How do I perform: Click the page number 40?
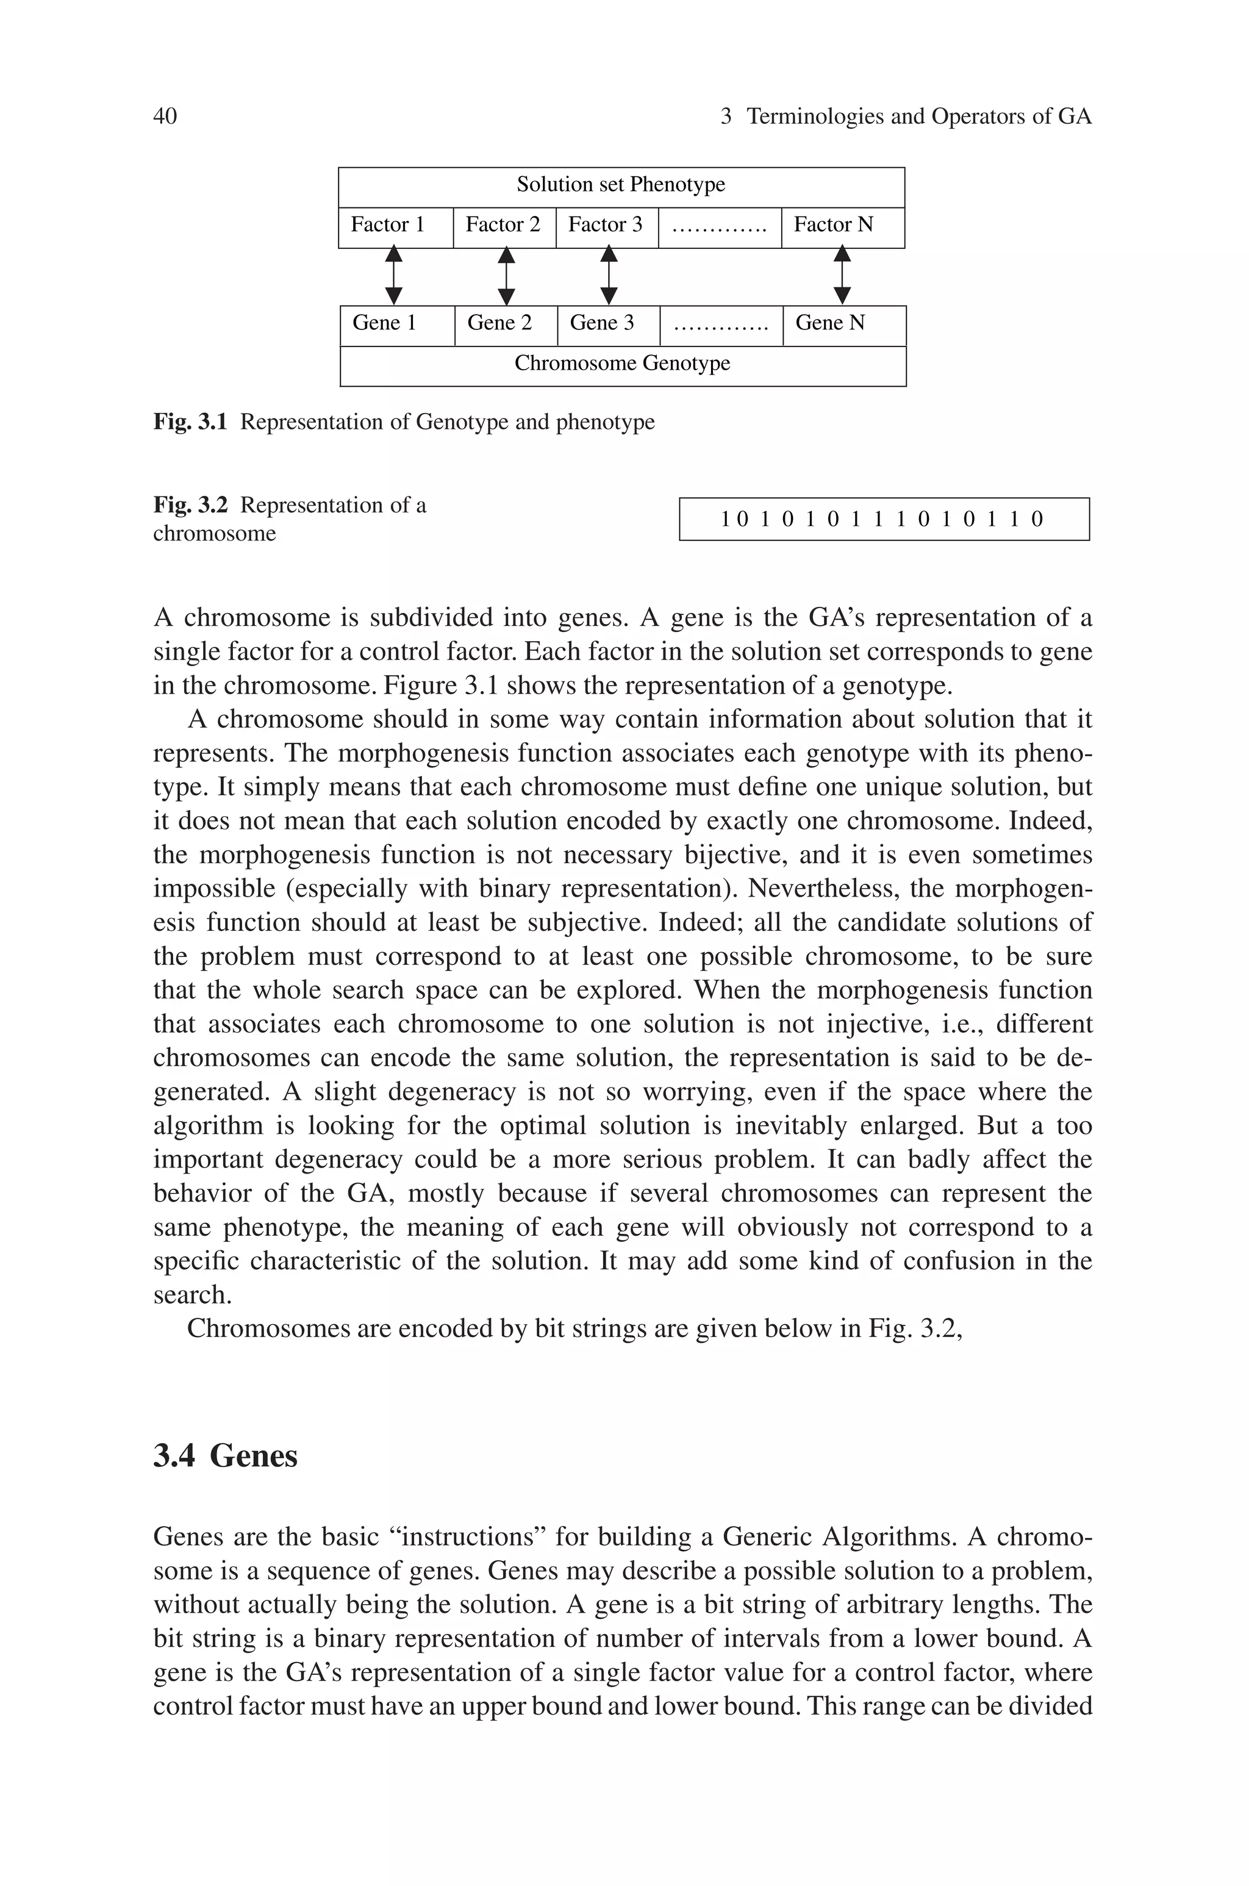click(x=165, y=117)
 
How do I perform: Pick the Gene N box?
click(x=843, y=324)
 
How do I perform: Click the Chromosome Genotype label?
click(x=622, y=364)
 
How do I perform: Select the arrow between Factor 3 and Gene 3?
click(x=609, y=276)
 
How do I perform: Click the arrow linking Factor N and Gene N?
click(x=842, y=276)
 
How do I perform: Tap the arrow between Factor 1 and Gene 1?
click(x=393, y=276)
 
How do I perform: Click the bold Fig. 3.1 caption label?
click(x=190, y=422)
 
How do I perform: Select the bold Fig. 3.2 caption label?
click(x=190, y=506)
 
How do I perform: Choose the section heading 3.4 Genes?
click(x=226, y=1456)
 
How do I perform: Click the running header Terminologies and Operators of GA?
click(x=918, y=117)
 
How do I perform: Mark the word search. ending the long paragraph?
click(x=192, y=1295)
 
